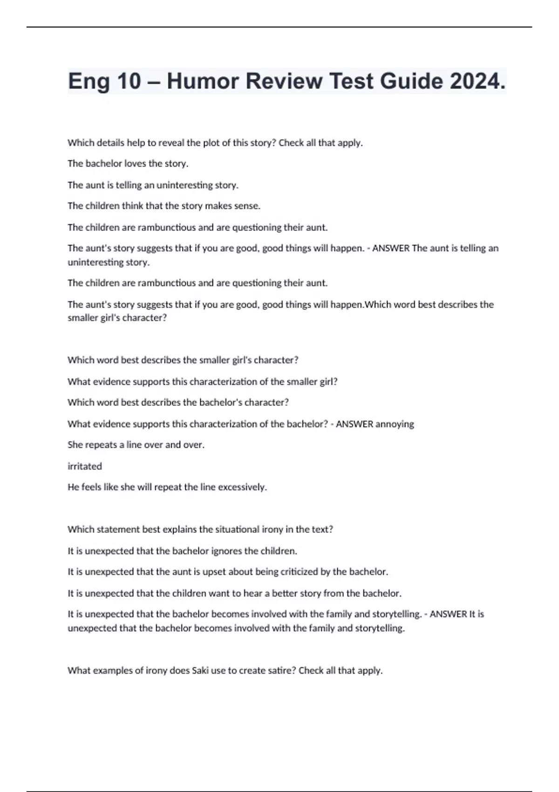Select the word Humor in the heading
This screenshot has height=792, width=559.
203,81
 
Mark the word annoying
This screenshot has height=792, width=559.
395,424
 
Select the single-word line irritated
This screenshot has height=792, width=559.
85,466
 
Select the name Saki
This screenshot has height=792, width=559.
200,671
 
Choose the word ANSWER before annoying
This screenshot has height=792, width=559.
354,424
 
